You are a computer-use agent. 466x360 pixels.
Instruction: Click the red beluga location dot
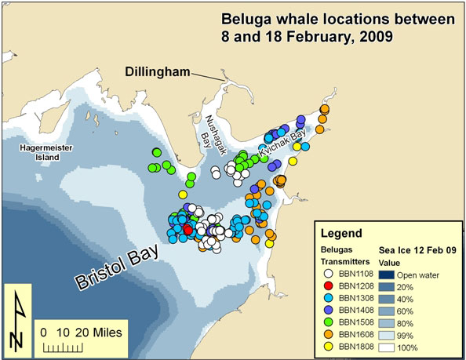point(187,228)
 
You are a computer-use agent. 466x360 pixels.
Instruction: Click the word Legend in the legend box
point(341,233)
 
